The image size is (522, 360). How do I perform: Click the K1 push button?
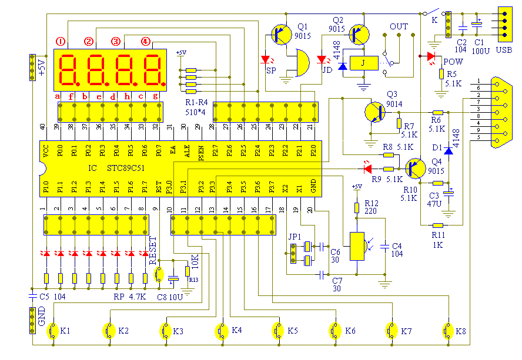(x=52, y=331)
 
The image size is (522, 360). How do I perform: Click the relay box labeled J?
(x=363, y=63)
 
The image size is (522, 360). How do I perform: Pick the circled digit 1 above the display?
(x=61, y=42)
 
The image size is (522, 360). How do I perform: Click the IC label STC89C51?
(x=128, y=168)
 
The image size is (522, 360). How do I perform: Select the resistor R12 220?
(x=356, y=208)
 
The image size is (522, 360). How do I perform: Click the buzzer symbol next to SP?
(x=299, y=62)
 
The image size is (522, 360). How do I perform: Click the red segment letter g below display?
(x=155, y=96)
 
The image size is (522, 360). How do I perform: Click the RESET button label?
(x=153, y=251)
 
